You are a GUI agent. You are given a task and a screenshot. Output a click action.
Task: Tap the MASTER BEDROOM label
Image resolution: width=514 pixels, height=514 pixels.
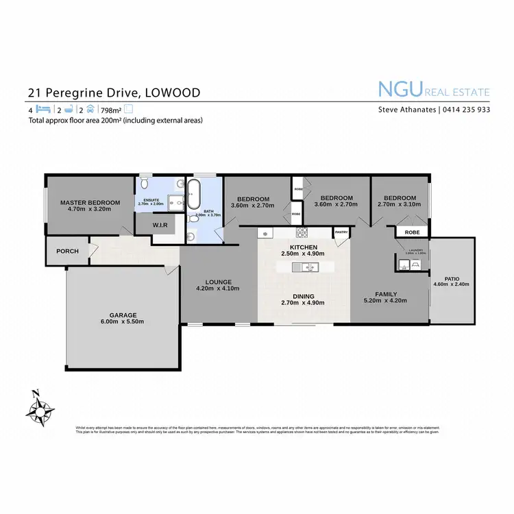pyautogui.click(x=90, y=203)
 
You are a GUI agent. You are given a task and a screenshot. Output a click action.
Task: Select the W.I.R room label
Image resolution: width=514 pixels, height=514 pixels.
pyautogui.click(x=161, y=225)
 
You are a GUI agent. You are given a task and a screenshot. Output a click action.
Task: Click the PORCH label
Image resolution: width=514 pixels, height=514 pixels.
pyautogui.click(x=67, y=252)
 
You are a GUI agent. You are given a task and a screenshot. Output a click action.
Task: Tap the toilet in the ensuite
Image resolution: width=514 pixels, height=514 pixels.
pyautogui.click(x=143, y=184)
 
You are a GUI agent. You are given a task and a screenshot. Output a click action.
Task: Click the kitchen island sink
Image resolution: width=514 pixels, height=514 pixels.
pyautogui.click(x=306, y=268)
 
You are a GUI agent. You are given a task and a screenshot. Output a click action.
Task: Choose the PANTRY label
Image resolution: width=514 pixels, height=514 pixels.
pyautogui.click(x=341, y=232)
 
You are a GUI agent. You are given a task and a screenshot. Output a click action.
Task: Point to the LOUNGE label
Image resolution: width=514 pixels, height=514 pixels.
pyautogui.click(x=219, y=282)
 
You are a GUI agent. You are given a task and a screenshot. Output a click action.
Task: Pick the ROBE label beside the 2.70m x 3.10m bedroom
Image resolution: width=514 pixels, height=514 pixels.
pyautogui.click(x=413, y=232)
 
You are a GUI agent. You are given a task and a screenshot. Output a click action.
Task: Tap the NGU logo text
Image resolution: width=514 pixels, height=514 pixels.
pyautogui.click(x=400, y=89)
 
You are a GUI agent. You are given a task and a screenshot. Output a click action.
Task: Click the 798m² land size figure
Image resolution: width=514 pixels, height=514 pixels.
pyautogui.click(x=110, y=110)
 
